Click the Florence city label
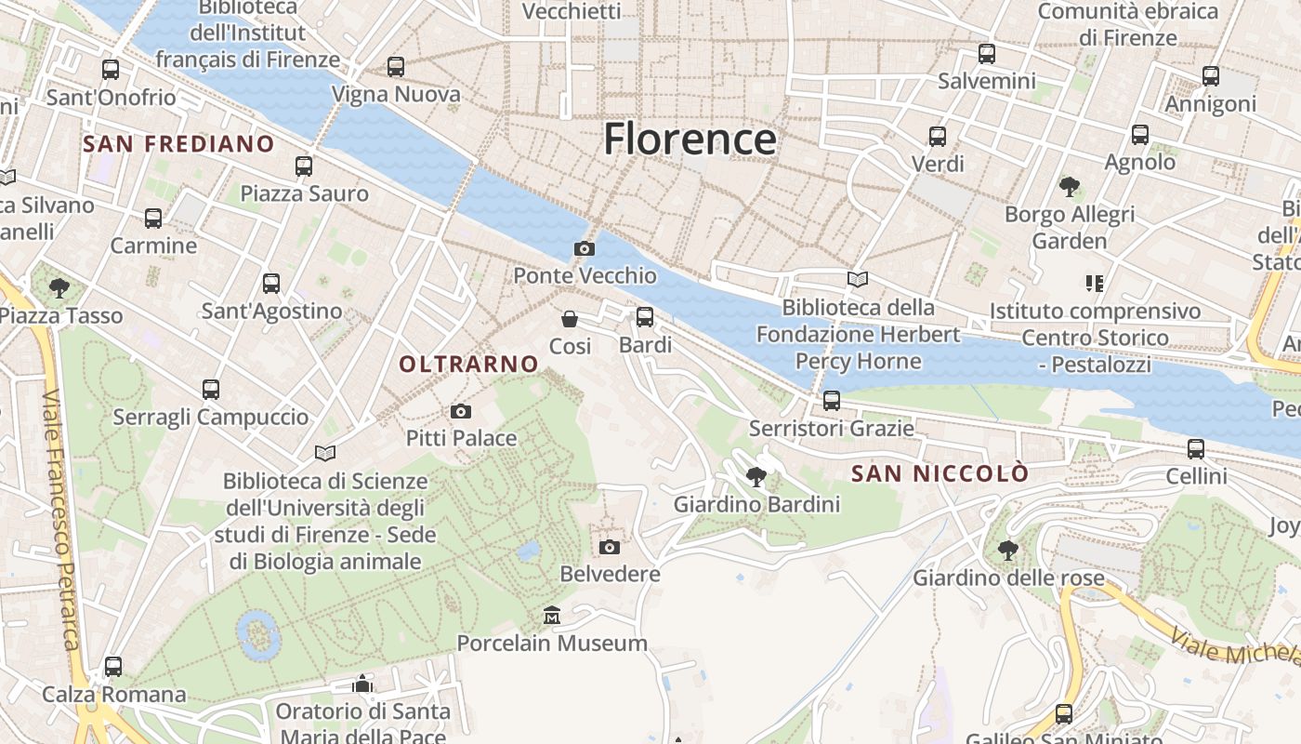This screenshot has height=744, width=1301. tap(690, 139)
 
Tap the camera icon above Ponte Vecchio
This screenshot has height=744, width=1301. tap(585, 248)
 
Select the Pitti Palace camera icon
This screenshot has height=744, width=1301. tap(460, 411)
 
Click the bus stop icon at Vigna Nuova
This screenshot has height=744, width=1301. tap(396, 67)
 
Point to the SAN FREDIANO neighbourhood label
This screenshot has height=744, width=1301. tap(178, 144)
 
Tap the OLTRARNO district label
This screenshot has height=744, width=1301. tap(469, 365)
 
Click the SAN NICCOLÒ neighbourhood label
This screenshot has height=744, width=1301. tap(940, 473)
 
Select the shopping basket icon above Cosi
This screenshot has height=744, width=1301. tap(570, 319)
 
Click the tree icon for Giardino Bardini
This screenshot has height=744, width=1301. tap(756, 477)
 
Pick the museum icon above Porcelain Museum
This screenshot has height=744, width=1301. tap(552, 616)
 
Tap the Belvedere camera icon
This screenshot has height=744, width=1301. tap(610, 547)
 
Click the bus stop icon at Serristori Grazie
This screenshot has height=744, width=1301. tap(832, 401)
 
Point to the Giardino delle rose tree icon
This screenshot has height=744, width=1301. tap(1008, 551)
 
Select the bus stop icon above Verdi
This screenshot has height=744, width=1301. tap(938, 137)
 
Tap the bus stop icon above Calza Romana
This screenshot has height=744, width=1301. tap(113, 667)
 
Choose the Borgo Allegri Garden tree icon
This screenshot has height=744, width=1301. tap(1070, 187)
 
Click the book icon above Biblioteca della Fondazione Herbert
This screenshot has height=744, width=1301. tap(858, 279)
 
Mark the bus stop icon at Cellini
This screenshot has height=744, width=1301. tap(1196, 449)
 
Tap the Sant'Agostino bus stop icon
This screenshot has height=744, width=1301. tap(271, 284)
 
